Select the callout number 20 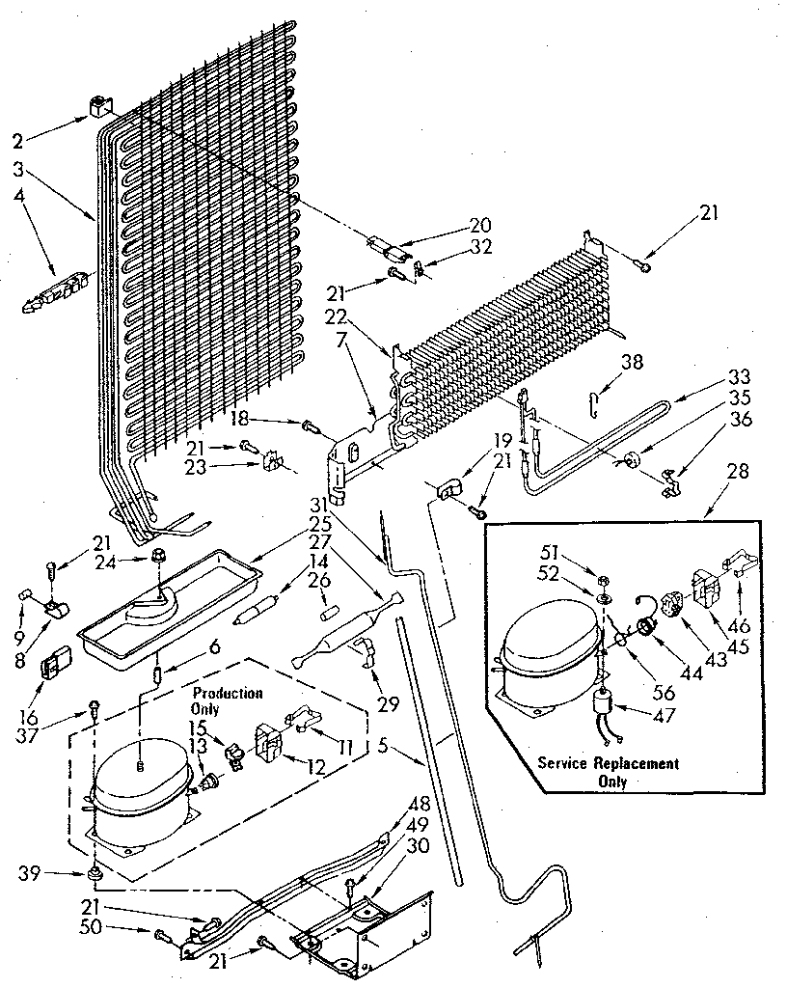click(480, 226)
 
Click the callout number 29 click(389, 704)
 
